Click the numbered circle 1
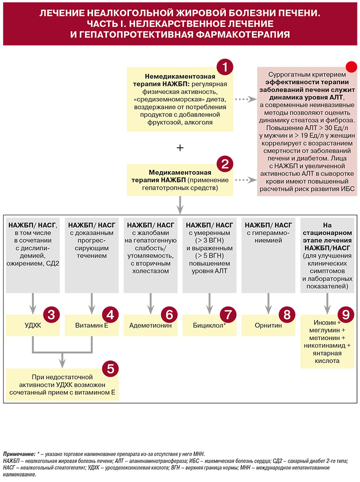tap(225, 67)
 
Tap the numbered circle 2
tap(225, 164)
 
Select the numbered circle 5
tap(110, 369)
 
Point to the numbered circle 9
tap(346, 315)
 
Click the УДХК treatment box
tap(33, 325)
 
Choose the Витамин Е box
tap(91, 325)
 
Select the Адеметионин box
tap(150, 325)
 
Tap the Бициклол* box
tap(209, 325)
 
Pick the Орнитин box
tap(268, 325)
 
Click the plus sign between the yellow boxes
tap(180, 148)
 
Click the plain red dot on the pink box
tap(351, 67)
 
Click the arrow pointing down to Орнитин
tap(268, 303)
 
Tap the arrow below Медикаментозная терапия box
tap(180, 205)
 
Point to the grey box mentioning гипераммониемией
tap(268, 255)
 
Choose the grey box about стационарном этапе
tap(327, 255)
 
